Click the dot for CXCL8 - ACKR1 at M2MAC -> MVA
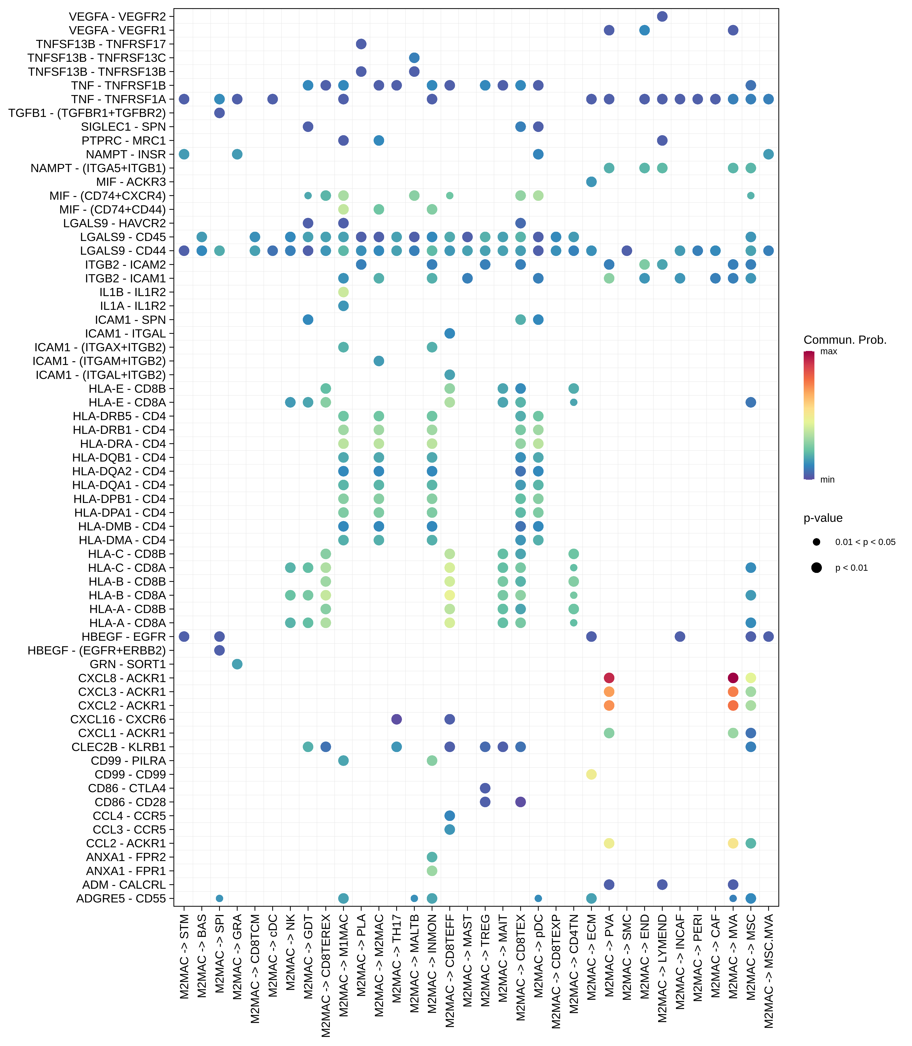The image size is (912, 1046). click(x=733, y=678)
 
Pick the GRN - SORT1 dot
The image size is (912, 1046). click(x=237, y=664)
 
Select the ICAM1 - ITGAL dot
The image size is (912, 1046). click(x=449, y=333)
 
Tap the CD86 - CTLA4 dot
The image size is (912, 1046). click(x=485, y=788)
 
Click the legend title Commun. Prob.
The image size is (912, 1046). click(x=845, y=340)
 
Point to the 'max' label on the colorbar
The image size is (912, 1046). click(x=829, y=351)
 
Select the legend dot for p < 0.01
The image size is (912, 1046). click(x=816, y=568)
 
